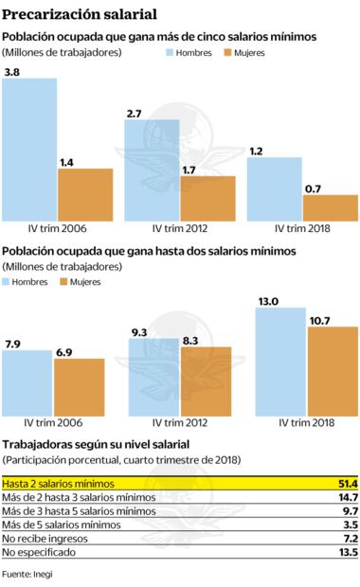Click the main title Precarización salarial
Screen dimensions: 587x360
[80, 13]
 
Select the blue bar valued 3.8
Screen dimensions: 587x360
[27, 149]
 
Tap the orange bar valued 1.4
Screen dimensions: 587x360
[86, 194]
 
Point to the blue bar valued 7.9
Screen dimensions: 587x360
[27, 379]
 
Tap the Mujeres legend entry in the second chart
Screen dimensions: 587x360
[80, 281]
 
